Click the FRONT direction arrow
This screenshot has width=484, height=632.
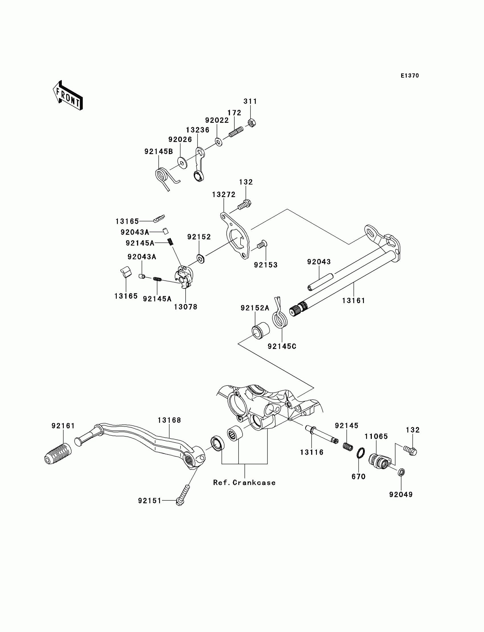[x=68, y=96]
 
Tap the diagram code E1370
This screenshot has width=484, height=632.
[x=410, y=76]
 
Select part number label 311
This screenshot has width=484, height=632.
[x=250, y=101]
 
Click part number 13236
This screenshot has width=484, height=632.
[x=198, y=130]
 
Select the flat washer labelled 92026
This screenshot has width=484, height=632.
[x=182, y=163]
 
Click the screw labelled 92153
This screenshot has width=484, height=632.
[x=262, y=244]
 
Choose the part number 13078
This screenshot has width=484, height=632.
[x=186, y=307]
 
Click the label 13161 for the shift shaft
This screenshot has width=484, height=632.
[x=354, y=301]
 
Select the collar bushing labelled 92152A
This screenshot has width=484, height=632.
[x=261, y=331]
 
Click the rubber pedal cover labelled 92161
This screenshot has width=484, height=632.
[x=58, y=454]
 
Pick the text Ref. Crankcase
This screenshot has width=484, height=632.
[x=244, y=482]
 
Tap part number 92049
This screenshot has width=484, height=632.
[x=401, y=494]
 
